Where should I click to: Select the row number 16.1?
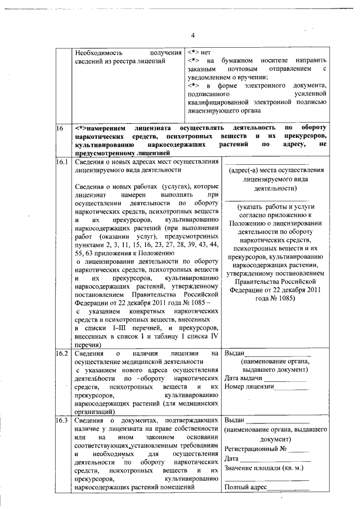point(62,161)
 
